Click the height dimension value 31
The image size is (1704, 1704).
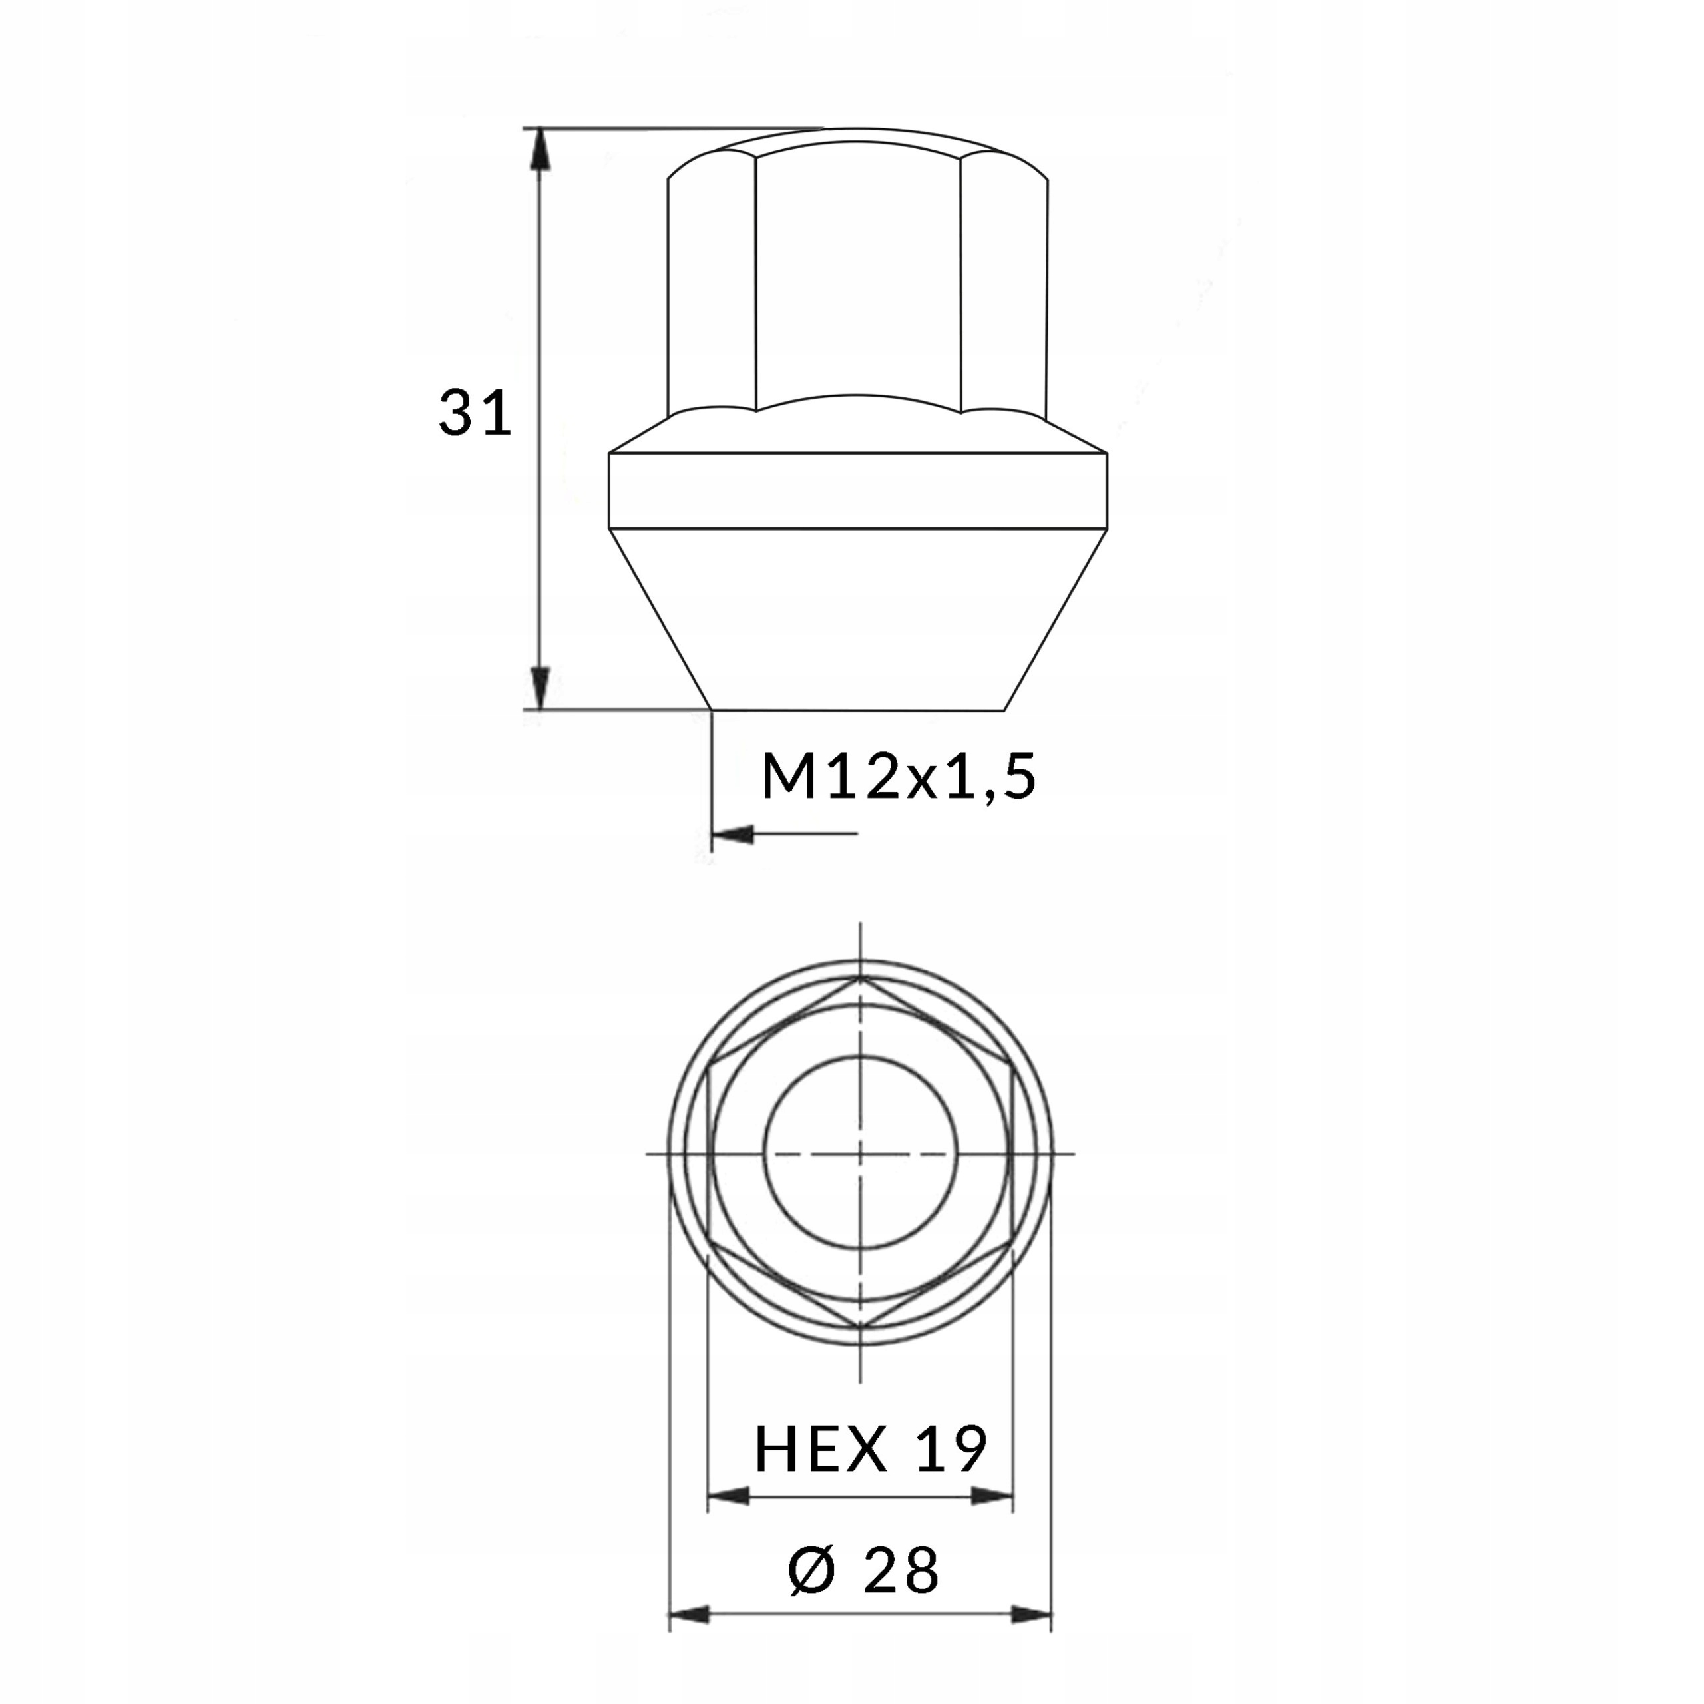click(x=475, y=412)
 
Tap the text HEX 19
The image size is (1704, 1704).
click(x=870, y=1448)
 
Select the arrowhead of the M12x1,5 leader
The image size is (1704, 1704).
click(x=732, y=833)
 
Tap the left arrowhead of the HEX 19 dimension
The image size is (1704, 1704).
click(x=728, y=1496)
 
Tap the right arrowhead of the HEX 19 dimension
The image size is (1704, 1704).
click(x=991, y=1496)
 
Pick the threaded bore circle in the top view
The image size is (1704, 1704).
click(x=860, y=1152)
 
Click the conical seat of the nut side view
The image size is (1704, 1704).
click(x=857, y=618)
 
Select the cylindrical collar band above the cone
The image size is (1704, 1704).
click(x=857, y=491)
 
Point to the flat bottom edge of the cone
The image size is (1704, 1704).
click(x=857, y=709)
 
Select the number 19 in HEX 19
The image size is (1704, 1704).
click(x=950, y=1448)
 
